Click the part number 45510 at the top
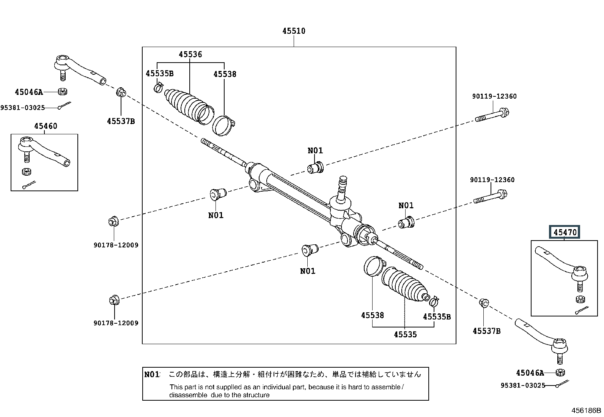pyautogui.click(x=294, y=31)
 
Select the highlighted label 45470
pyautogui.click(x=565, y=232)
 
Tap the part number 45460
pyautogui.click(x=46, y=126)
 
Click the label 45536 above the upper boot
pyautogui.click(x=190, y=55)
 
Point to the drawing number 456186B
pyautogui.click(x=587, y=410)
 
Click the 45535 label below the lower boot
pyautogui.click(x=405, y=334)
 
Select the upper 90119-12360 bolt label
pyautogui.click(x=494, y=96)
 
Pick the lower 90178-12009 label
pyautogui.click(x=116, y=323)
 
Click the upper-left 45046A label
pyautogui.click(x=29, y=92)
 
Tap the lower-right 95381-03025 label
pyautogui.click(x=523, y=386)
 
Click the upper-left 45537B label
pyautogui.click(x=121, y=121)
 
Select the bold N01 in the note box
pyautogui.click(x=152, y=375)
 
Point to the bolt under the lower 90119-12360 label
pyautogui.click(x=490, y=197)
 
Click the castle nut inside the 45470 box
pyautogui.click(x=579, y=299)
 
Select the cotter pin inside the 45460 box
pyautogui.click(x=29, y=185)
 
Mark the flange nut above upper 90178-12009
pyautogui.click(x=113, y=221)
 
